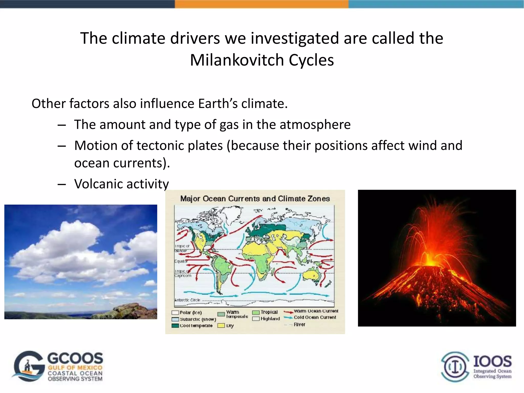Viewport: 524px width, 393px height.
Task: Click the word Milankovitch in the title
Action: [x=237, y=60]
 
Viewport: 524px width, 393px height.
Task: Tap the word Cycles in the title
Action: [x=311, y=60]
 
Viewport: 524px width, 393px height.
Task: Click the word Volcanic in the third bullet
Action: [x=98, y=184]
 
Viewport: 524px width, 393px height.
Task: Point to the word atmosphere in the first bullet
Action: [x=315, y=125]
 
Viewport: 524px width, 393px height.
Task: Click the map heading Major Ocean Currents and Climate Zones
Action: [x=255, y=199]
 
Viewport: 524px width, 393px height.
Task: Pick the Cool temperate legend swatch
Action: [x=175, y=326]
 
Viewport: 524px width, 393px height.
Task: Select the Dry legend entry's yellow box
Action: [x=221, y=326]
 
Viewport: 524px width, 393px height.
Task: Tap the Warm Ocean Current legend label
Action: [x=316, y=311]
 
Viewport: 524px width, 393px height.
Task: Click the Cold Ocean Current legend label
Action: [x=315, y=318]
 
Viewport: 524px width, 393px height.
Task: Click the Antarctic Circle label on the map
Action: [x=187, y=300]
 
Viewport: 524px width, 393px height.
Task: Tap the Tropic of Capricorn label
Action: [x=182, y=274]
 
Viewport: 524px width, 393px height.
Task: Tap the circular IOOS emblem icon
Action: [x=455, y=367]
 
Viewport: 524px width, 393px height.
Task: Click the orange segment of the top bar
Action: [x=261, y=4]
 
